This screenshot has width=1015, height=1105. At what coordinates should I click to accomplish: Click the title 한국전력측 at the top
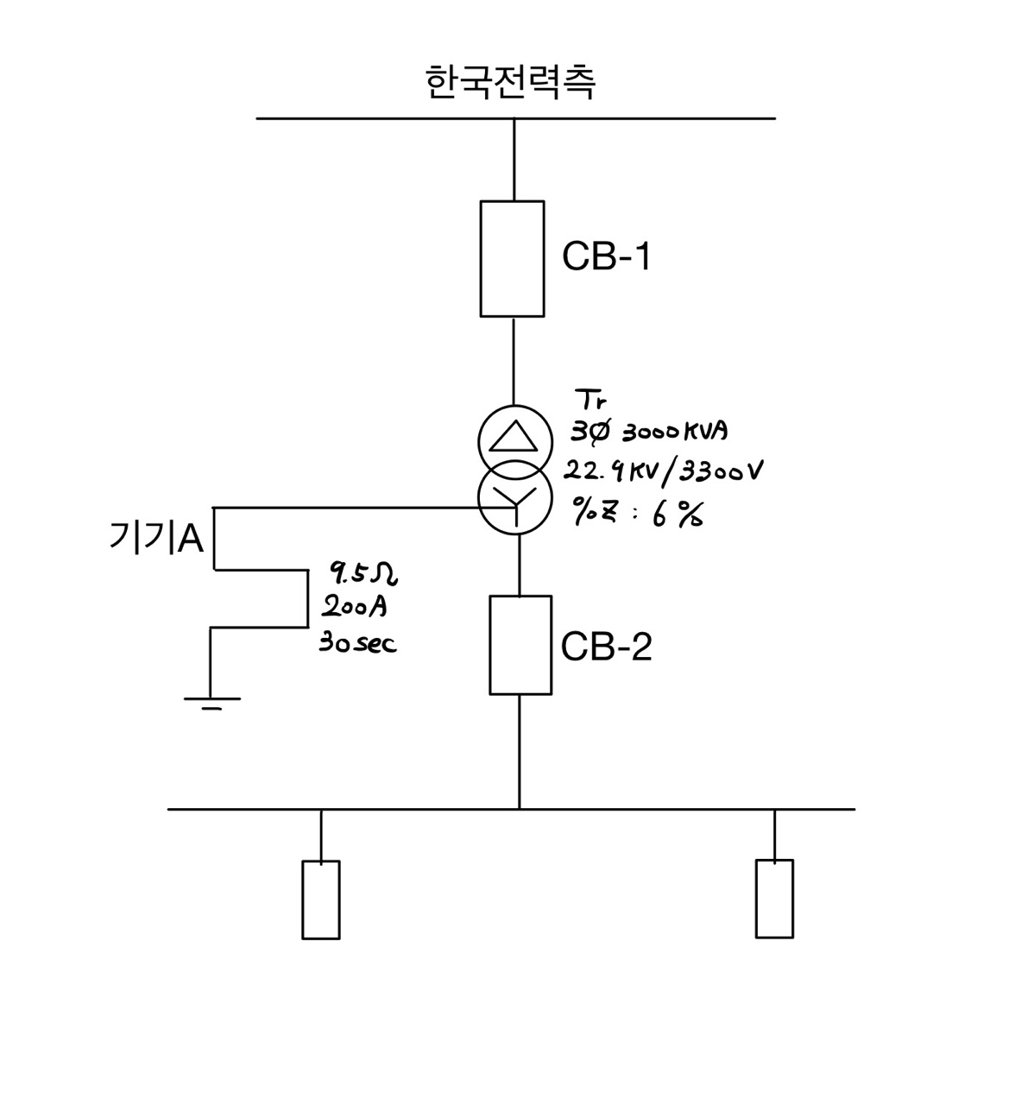pos(511,83)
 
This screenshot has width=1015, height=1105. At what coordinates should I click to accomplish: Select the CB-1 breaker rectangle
pos(512,258)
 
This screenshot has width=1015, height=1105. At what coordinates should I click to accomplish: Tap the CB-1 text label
pos(606,256)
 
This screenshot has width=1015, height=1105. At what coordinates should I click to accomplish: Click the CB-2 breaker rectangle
pos(520,644)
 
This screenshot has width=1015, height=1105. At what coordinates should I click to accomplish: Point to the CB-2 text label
pos(606,647)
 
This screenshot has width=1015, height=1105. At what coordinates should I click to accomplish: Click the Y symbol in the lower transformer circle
pos(515,503)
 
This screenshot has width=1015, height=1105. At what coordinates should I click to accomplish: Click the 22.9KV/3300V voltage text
pos(663,471)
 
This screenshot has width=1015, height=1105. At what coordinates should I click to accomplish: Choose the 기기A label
pos(156,539)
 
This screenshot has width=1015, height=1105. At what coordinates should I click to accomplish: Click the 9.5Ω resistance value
pos(362,571)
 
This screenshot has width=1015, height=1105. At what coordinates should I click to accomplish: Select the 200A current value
pos(354,607)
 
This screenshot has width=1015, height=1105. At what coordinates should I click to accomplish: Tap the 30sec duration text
pos(358,643)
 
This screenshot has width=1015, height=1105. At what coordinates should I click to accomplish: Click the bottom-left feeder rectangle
pos(320,899)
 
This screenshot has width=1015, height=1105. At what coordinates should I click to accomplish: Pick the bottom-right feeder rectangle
pos(774,898)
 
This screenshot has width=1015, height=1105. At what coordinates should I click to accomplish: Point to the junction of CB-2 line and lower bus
pos(519,809)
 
